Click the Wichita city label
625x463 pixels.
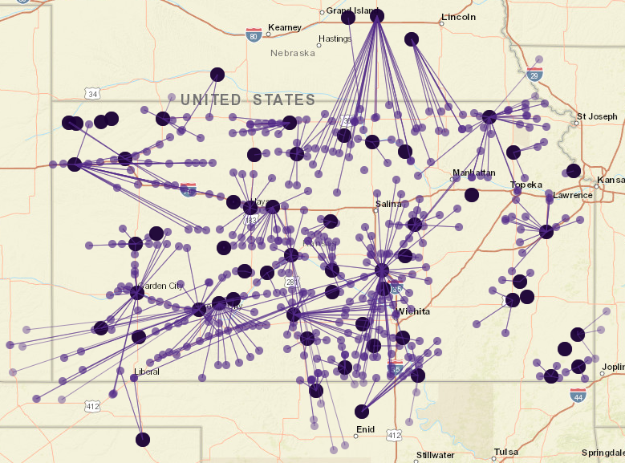[414, 311]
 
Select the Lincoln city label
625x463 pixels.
[458, 17]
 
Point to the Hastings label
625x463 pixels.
[335, 39]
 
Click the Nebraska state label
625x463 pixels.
[293, 53]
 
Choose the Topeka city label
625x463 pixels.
[526, 185]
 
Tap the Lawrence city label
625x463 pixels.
[573, 195]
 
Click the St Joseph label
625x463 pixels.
[598, 116]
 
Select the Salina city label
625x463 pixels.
[388, 204]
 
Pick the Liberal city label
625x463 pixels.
[147, 372]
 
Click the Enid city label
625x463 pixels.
[364, 430]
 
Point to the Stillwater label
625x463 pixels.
[435, 455]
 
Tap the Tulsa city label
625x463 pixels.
[506, 452]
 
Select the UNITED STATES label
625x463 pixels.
[248, 100]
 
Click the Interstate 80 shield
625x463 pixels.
[254, 35]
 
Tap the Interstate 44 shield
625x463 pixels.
[577, 395]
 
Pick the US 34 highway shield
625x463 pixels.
[93, 95]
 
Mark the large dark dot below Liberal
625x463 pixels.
[143, 439]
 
